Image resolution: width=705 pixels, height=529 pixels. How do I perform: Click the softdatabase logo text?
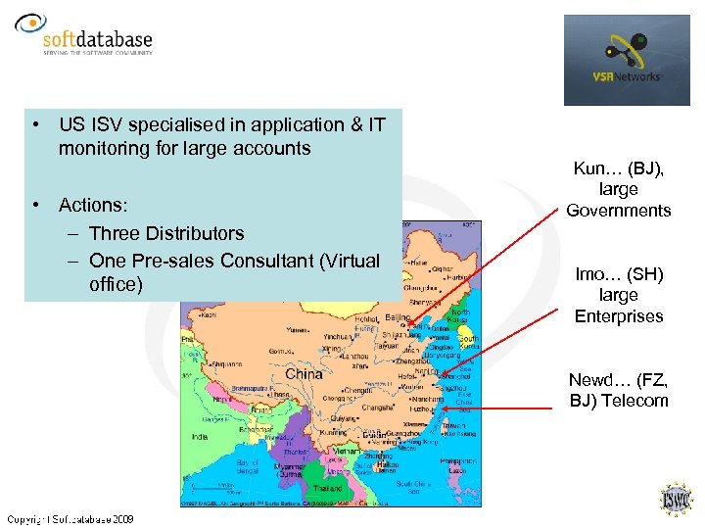point(98,40)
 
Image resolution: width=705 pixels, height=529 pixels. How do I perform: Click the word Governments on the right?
point(618,211)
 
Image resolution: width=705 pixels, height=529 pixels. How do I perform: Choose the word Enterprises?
point(618,316)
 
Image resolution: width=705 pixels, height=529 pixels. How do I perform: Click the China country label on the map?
point(305,374)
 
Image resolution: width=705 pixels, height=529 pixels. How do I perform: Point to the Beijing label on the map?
point(398,317)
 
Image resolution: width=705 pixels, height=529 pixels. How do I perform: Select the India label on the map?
point(200,437)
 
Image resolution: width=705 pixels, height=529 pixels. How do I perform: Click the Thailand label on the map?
point(328,488)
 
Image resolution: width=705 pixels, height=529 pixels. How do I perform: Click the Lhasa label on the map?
point(279,394)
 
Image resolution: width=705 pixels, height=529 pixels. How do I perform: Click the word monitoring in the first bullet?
point(102,149)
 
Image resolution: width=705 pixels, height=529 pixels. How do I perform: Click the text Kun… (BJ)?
point(618,168)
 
